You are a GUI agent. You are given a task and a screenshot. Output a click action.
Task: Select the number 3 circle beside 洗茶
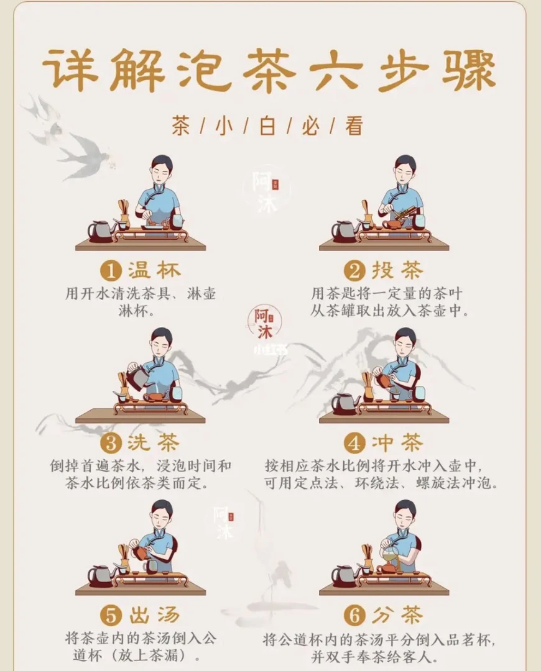coord(111,444)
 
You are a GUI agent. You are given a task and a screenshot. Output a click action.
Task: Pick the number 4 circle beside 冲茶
coord(354,444)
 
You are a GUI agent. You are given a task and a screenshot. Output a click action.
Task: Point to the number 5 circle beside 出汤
coord(111,616)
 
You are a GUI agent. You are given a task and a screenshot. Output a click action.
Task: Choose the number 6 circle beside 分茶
coord(354,616)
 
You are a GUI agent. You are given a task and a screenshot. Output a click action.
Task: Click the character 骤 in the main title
coord(468,71)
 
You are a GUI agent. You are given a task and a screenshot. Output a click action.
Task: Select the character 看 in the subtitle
coord(354,126)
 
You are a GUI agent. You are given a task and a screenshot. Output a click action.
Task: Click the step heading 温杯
coord(154,270)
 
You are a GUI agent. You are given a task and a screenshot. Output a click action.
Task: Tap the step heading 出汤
coord(154,615)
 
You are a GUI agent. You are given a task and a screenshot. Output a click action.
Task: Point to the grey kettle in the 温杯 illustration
coord(101,231)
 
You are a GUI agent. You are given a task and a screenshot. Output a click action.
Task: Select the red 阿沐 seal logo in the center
coord(264,322)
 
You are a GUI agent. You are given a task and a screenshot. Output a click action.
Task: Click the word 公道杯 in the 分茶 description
coord(301,641)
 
